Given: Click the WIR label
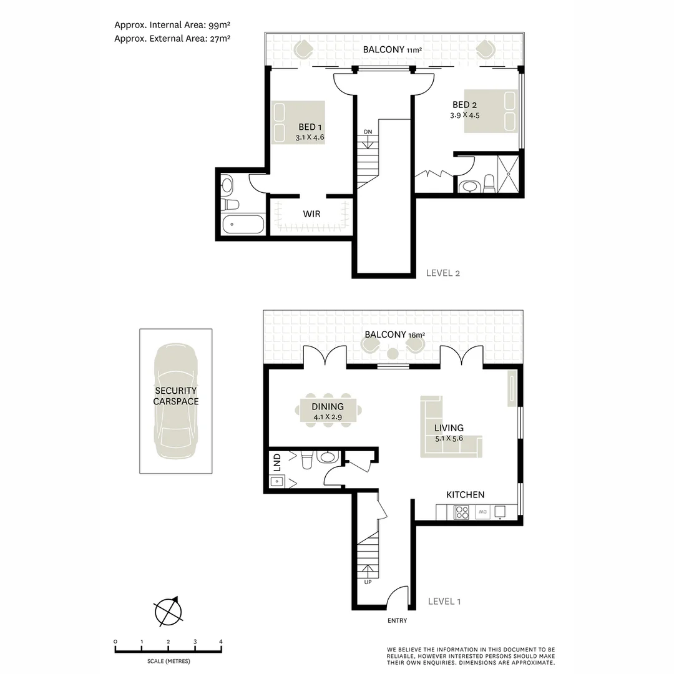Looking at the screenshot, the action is pos(311,214).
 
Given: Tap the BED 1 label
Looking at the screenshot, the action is pos(310,127).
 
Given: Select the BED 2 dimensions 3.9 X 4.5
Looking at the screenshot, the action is pos(465,115).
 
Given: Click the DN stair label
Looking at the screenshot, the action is pos(368,132).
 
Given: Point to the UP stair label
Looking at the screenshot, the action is pos(368,582).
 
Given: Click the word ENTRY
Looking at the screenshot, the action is pos(397,620).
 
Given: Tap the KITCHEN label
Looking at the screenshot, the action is pos(465,495).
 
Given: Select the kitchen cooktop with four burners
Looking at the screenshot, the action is pos(462,512).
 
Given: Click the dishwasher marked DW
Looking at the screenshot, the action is pos(482,512).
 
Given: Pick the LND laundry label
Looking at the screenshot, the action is pos(277,462).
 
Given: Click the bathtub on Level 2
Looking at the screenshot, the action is pos(243,225).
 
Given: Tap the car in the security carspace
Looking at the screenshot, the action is pos(176,401).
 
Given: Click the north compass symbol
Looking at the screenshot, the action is pos(168,611).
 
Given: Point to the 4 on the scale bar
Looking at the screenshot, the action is pos(221,642).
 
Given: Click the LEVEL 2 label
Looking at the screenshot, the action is pos(442,273).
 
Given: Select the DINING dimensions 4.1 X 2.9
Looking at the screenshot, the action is pos(328,417).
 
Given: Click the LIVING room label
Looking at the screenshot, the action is pos(449,428).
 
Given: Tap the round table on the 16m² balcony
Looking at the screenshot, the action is pos(393,354).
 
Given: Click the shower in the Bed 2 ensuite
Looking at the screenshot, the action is pos(508,174).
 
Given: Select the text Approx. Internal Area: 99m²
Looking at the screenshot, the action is pos(172,25).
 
